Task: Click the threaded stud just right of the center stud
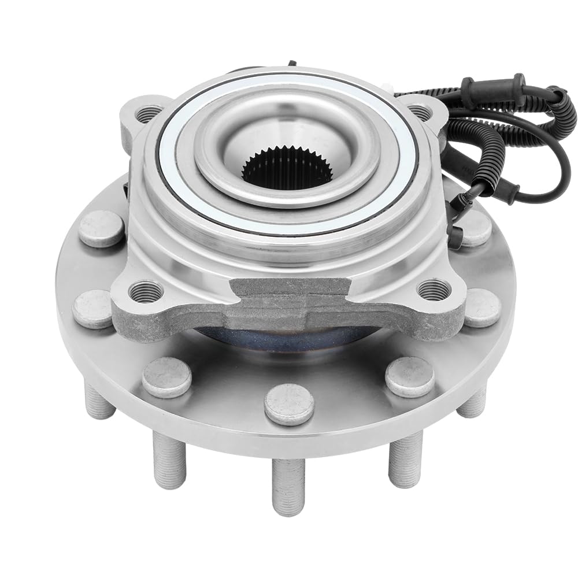pos(405,457)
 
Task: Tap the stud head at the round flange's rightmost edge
pos(481,306)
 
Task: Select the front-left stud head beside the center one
pos(166,377)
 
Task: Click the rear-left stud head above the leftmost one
pos(102,228)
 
